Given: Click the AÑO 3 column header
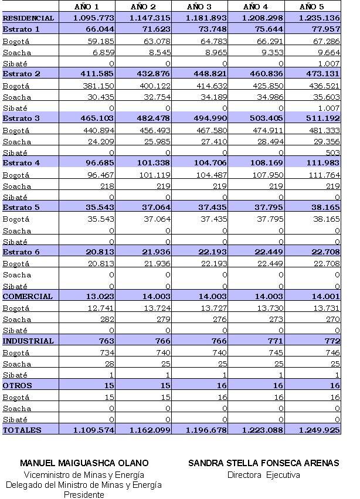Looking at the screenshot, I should pyautogui.click(x=199, y=6).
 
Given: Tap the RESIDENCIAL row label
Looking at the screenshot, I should pyautogui.click(x=28, y=18).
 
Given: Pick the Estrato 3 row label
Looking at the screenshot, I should pyautogui.click(x=22, y=118).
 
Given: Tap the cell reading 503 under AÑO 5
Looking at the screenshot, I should pyautogui.click(x=332, y=152).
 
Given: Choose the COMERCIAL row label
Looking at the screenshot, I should pyautogui.click(x=28, y=297).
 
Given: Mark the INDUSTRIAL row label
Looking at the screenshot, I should pyautogui.click(x=28, y=341).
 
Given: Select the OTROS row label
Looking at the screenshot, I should pyautogui.click(x=18, y=386).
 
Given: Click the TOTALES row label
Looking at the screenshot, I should pyautogui.click(x=22, y=430).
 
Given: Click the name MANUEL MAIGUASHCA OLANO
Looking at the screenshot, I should pyautogui.click(x=84, y=463).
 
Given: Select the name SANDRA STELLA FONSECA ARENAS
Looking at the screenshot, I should pyautogui.click(x=263, y=463).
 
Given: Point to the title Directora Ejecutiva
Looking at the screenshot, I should pyautogui.click(x=263, y=475).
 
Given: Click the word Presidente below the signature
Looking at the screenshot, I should pyautogui.click(x=84, y=494).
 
